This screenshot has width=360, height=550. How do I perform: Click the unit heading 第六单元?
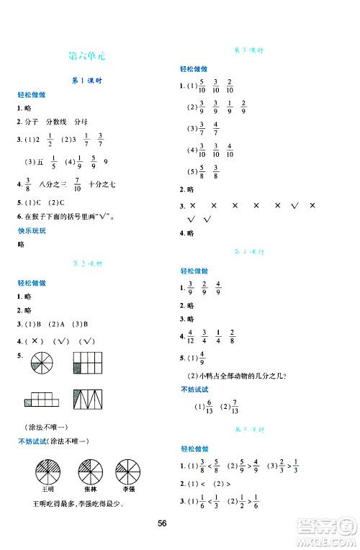pyautogui.click(x=88, y=56)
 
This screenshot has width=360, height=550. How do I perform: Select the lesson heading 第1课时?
pyautogui.click(x=89, y=81)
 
